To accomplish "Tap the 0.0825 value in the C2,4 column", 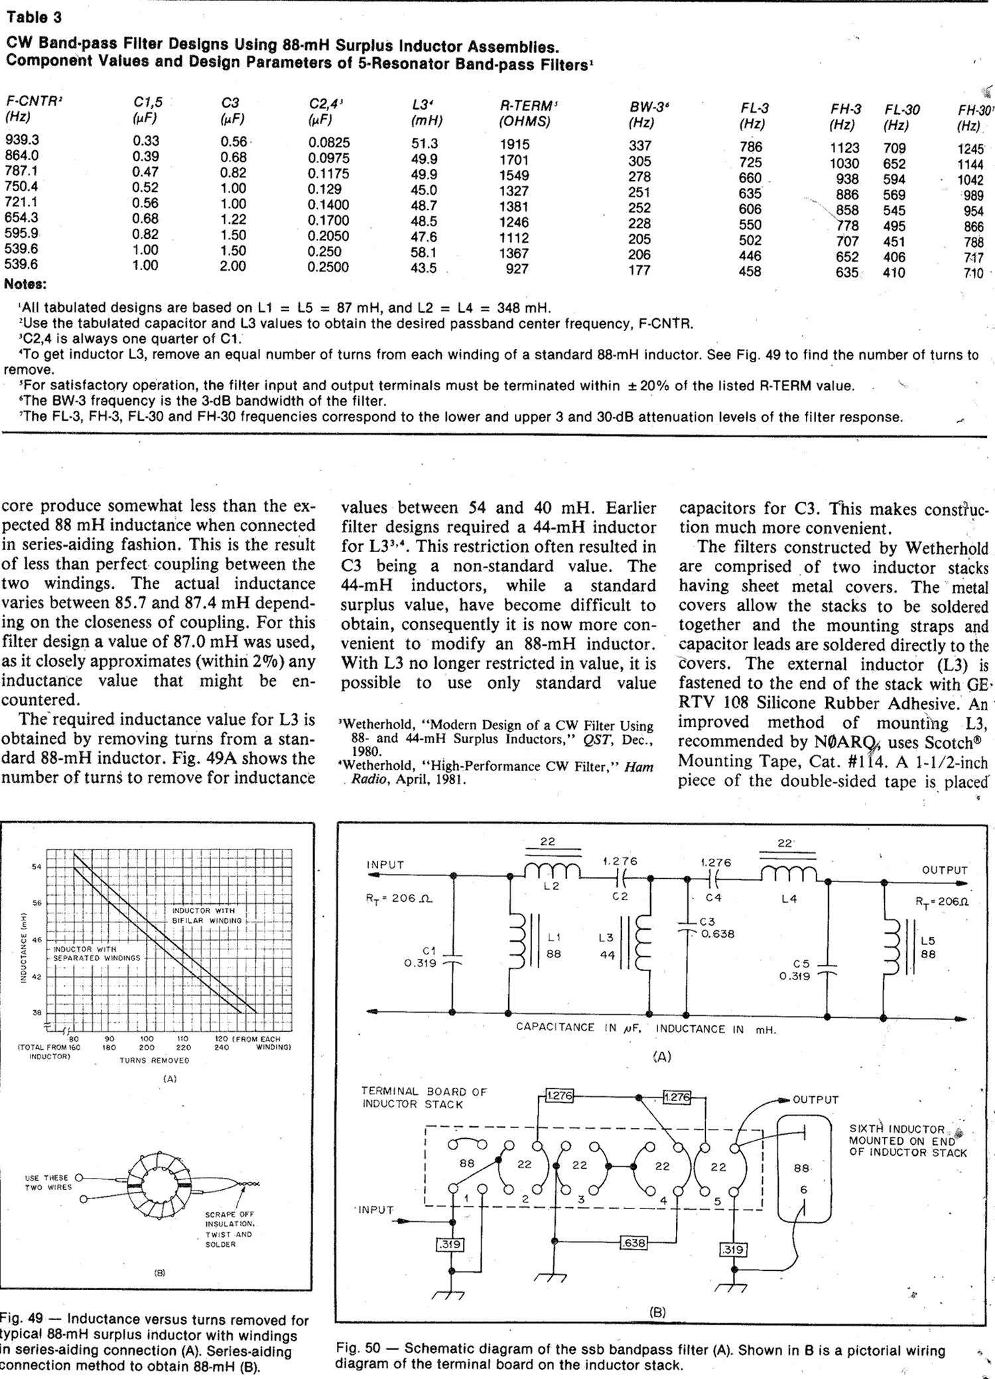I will click(329, 143).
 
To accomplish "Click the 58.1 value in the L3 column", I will click(424, 253).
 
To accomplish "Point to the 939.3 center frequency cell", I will click(22, 140).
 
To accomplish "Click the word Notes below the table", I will click(25, 285).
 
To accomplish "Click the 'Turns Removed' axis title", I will click(154, 1060).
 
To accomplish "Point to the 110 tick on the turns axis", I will click(183, 1039).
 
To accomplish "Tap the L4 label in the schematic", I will click(789, 899).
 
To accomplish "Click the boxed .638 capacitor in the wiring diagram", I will click(633, 1242).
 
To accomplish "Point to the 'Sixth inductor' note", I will click(907, 1141).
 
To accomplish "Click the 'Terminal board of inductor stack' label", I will click(424, 1098).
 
